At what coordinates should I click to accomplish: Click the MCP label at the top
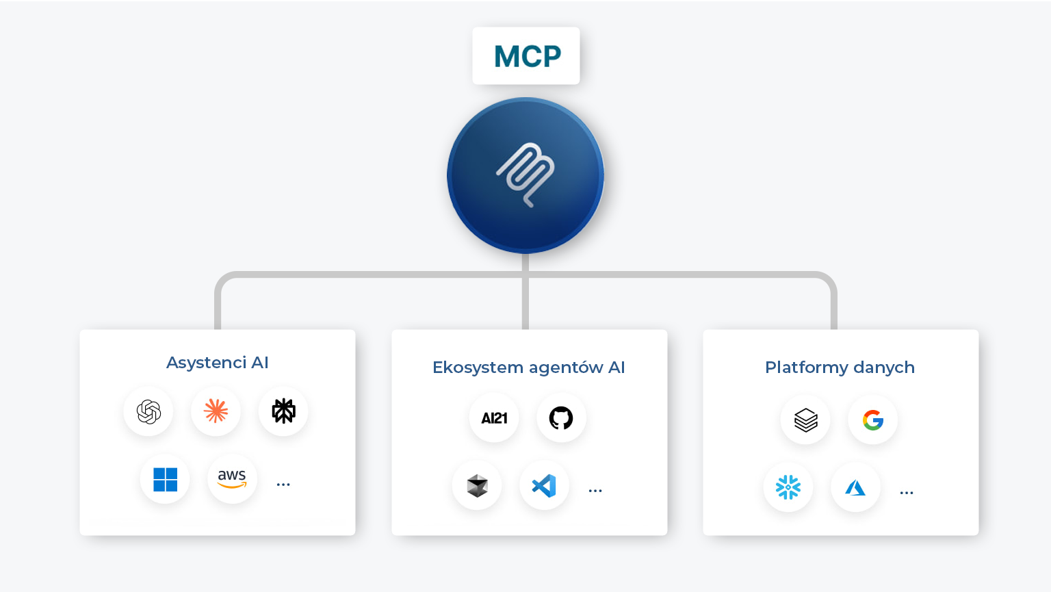coord(527,56)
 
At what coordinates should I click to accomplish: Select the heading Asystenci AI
coord(218,362)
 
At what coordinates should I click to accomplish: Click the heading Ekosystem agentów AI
coord(529,368)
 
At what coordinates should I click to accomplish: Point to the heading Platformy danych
coord(840,368)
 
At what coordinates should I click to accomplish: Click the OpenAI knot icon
coord(148,411)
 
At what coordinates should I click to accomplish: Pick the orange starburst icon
coord(216,411)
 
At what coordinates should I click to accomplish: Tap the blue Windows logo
coord(165,479)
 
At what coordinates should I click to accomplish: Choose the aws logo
coord(232,478)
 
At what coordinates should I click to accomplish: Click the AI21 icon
coord(494,418)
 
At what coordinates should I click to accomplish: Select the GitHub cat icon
coord(561,417)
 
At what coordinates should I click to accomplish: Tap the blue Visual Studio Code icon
coord(544,486)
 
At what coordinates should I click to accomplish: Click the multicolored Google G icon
coord(873,420)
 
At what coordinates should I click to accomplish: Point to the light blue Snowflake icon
coord(788,487)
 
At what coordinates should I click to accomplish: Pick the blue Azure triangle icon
coord(855,487)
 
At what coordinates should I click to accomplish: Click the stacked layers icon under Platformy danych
coord(805,420)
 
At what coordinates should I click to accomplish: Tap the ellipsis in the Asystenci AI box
coord(283,485)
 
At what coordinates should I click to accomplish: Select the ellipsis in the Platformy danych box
coord(907,493)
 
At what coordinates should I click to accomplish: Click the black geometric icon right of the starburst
coord(283,411)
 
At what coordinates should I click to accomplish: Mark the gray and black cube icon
coord(477,486)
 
